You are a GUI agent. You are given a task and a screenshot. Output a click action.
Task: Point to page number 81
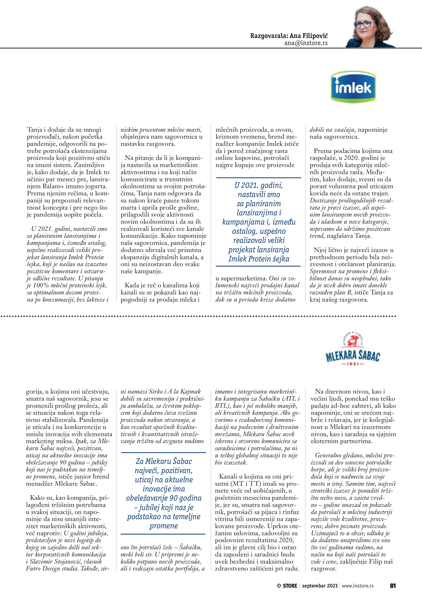point(393,586)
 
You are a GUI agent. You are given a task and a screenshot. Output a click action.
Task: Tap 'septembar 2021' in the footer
point(320,586)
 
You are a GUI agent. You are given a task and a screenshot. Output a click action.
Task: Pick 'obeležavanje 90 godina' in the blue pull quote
point(164,498)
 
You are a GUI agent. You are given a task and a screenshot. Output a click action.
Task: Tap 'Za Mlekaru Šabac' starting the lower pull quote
point(164,461)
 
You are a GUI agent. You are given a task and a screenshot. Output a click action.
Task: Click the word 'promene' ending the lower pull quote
point(164,526)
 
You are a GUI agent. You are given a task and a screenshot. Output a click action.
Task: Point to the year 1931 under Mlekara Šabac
point(353,364)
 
